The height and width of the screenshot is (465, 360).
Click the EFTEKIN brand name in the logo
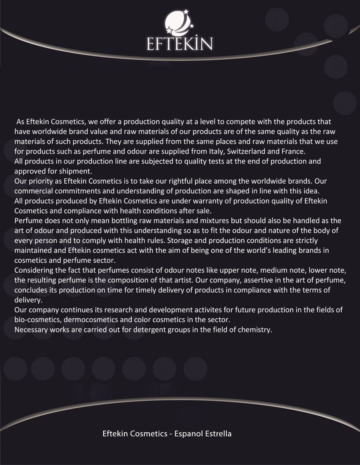[x=179, y=44]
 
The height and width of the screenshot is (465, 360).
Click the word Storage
[x=179, y=241]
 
